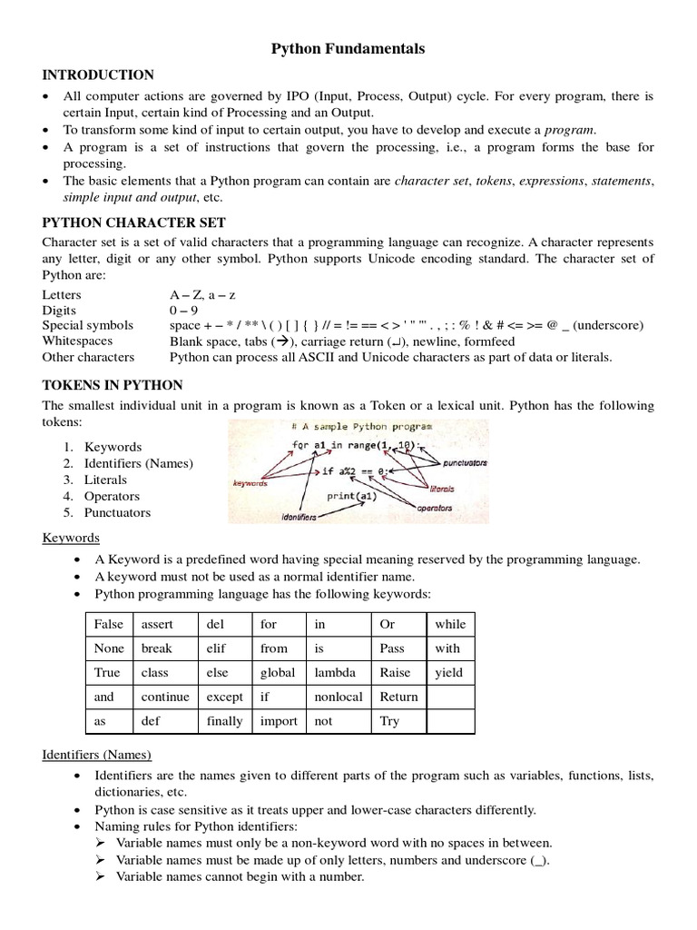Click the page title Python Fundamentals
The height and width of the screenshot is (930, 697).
click(348, 50)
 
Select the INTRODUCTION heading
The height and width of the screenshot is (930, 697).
click(98, 74)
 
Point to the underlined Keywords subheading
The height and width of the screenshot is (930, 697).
click(68, 539)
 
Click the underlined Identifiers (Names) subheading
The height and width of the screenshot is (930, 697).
click(97, 755)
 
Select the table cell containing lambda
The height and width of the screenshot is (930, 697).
click(338, 673)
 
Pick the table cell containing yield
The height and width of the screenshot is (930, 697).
click(449, 673)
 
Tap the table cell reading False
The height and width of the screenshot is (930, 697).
click(108, 624)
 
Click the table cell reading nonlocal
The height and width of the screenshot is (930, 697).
click(339, 697)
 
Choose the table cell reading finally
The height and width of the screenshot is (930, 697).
click(225, 721)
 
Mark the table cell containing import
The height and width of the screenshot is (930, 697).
click(279, 721)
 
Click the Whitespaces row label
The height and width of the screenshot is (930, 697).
click(77, 341)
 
